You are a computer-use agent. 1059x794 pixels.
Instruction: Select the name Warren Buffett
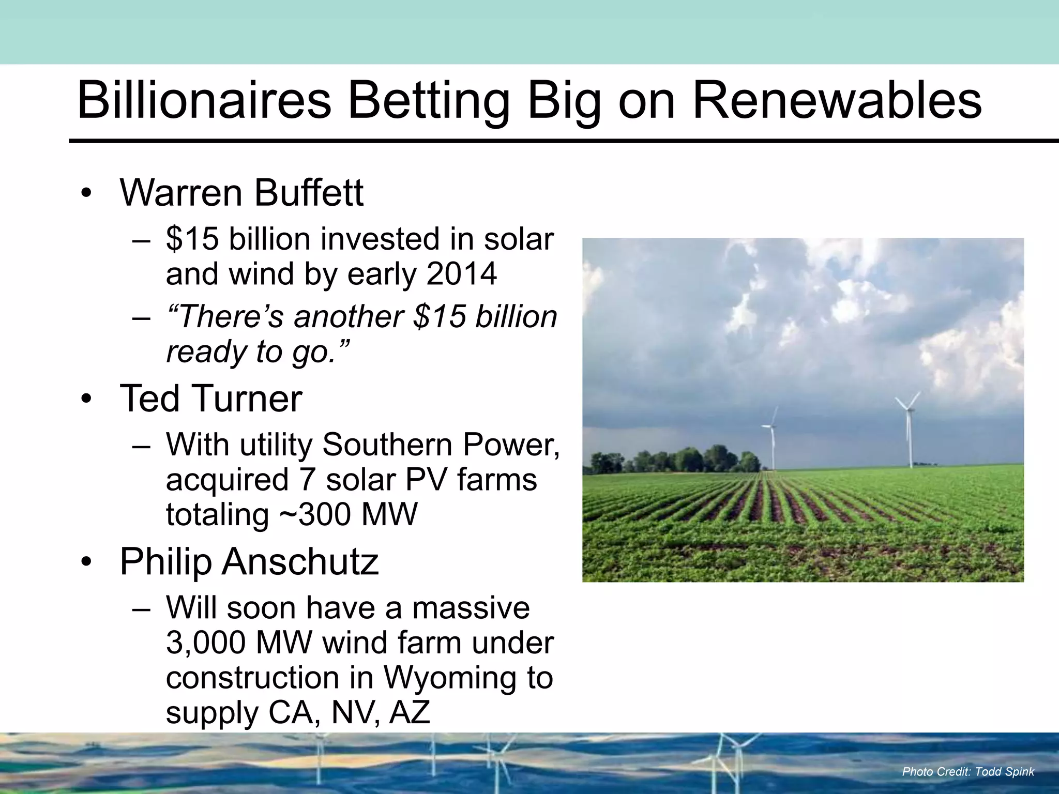coord(241,193)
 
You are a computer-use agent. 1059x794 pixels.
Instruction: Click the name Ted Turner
coord(210,399)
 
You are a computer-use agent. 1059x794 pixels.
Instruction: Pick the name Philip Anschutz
coord(249,561)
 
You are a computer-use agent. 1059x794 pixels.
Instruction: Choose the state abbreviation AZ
coord(410,712)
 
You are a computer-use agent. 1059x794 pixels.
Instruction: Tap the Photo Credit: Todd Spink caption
coord(967,772)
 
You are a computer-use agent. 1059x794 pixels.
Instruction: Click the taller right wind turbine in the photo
coord(909,434)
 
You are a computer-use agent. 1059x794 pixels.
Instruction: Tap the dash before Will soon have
coord(141,608)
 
